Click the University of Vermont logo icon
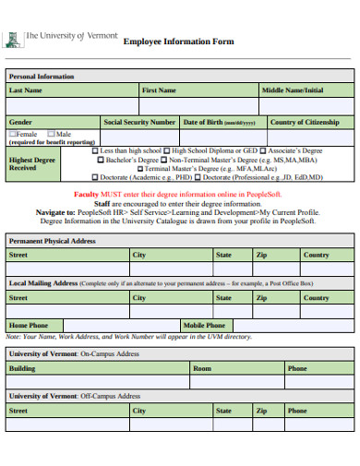click(13, 40)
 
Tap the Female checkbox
click(13, 134)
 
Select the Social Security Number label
click(139, 122)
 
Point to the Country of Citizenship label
click(305, 122)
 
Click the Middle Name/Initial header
click(293, 90)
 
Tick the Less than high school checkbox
click(95, 150)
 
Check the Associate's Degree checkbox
click(264, 150)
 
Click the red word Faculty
click(86, 196)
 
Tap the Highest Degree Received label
click(33, 163)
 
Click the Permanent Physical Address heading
click(53, 241)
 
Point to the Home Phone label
click(29, 325)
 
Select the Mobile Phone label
click(204, 325)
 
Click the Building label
click(22, 368)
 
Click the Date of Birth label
click(219, 122)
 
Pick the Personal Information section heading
click(42, 76)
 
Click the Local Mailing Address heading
click(42, 283)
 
